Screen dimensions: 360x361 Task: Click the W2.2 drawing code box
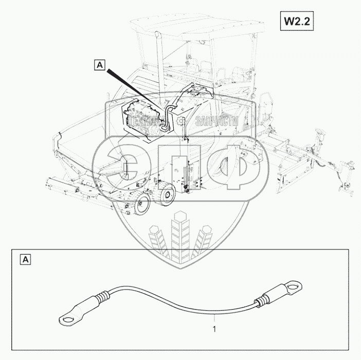(296, 22)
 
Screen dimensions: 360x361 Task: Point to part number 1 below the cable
(214, 327)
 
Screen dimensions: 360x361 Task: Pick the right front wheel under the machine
(166, 195)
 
